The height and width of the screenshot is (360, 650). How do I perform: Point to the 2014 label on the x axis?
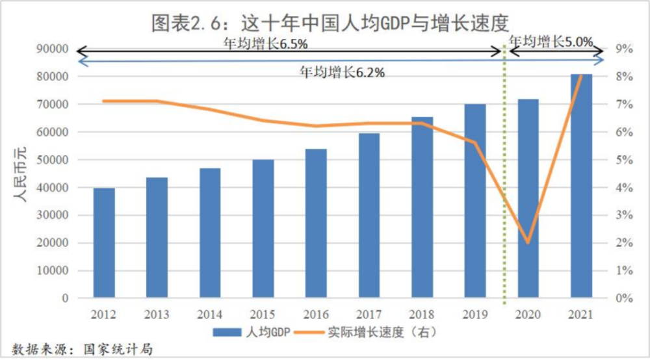pyautogui.click(x=210, y=315)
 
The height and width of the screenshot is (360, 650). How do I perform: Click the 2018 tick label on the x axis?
pyautogui.click(x=422, y=315)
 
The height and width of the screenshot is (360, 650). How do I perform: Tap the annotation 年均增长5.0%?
pyautogui.click(x=551, y=42)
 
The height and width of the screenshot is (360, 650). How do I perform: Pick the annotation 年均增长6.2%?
pyautogui.click(x=342, y=72)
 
